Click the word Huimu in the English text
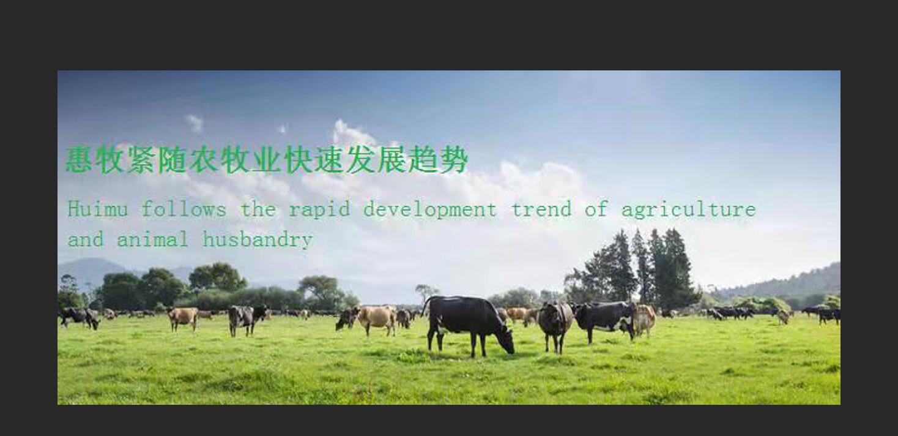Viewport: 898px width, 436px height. pyautogui.click(x=98, y=209)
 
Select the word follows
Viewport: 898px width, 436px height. pyautogui.click(x=184, y=209)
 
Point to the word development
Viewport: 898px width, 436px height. pyautogui.click(x=430, y=209)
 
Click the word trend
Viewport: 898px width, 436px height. pyautogui.click(x=541, y=209)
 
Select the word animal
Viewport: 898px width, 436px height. pyautogui.click(x=152, y=239)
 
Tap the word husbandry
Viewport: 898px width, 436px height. pyautogui.click(x=258, y=239)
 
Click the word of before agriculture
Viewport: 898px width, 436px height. pyautogui.click(x=596, y=209)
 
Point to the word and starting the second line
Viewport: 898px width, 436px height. pyautogui.click(x=86, y=239)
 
